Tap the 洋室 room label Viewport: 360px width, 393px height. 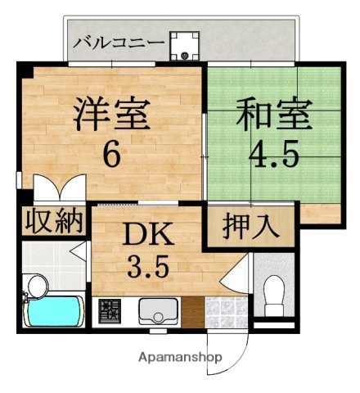click(x=113, y=115)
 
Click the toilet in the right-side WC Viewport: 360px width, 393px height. click(x=276, y=292)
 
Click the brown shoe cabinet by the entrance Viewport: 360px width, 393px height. click(x=191, y=312)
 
